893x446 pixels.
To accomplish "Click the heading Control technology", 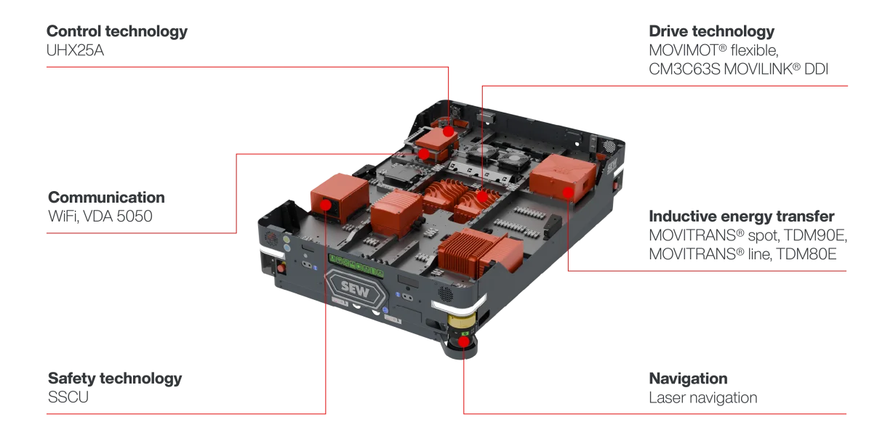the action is [x=117, y=31].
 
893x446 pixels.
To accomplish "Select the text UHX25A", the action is [x=75, y=51].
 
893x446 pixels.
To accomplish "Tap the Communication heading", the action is [x=106, y=198].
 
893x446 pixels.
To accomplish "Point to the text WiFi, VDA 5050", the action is [x=100, y=216].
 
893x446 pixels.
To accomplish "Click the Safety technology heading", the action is [x=115, y=378].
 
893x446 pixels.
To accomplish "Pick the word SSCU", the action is [x=68, y=397].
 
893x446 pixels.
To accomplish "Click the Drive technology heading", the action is [x=712, y=31].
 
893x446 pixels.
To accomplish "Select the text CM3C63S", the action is [x=684, y=69].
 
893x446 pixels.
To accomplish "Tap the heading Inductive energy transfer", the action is [x=742, y=216].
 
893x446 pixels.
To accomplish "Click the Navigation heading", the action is [x=688, y=378].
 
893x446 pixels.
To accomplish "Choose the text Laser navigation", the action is [x=703, y=397].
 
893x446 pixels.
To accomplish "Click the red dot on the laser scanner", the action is [x=463, y=341].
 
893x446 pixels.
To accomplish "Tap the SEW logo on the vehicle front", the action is [x=356, y=290].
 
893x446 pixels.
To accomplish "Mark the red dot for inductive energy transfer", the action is [x=568, y=193].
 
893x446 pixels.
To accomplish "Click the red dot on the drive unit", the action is [x=482, y=196].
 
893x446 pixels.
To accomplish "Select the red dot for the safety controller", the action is [x=326, y=205].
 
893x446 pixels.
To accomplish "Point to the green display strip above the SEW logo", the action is [x=356, y=266].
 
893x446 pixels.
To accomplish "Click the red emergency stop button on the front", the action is [x=281, y=267].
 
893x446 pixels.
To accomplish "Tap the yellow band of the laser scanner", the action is [x=462, y=320].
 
